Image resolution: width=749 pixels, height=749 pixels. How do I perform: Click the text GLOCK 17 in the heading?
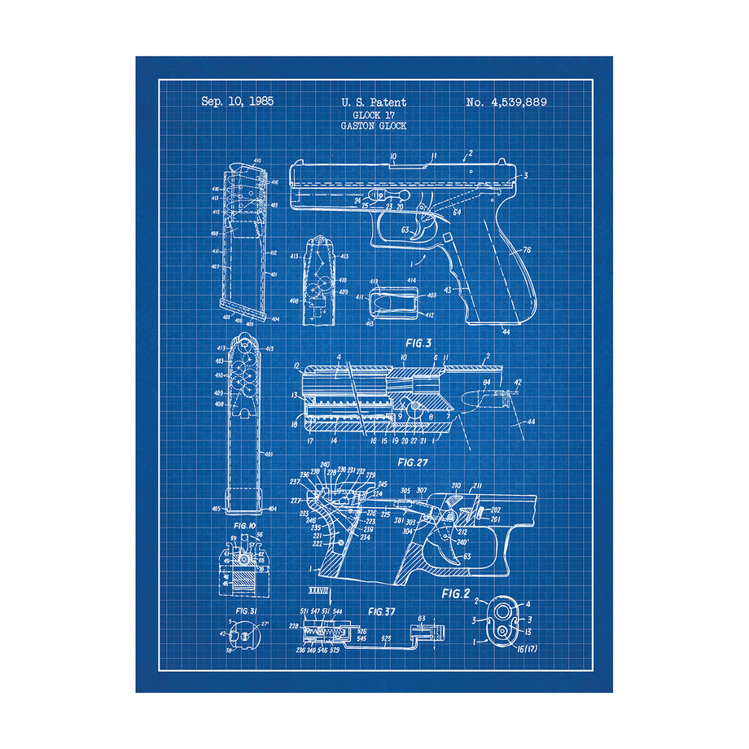(x=374, y=115)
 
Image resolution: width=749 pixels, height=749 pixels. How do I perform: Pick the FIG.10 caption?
(x=246, y=527)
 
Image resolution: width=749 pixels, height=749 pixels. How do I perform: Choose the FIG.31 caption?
(x=246, y=610)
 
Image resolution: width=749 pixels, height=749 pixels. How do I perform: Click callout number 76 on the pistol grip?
(x=527, y=250)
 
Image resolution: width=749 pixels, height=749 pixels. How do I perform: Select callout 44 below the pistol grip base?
(x=506, y=331)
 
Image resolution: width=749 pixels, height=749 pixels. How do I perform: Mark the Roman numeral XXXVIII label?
(x=315, y=588)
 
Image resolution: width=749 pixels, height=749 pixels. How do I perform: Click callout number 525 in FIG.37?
(x=386, y=638)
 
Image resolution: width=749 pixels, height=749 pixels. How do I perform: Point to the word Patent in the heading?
(x=389, y=103)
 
